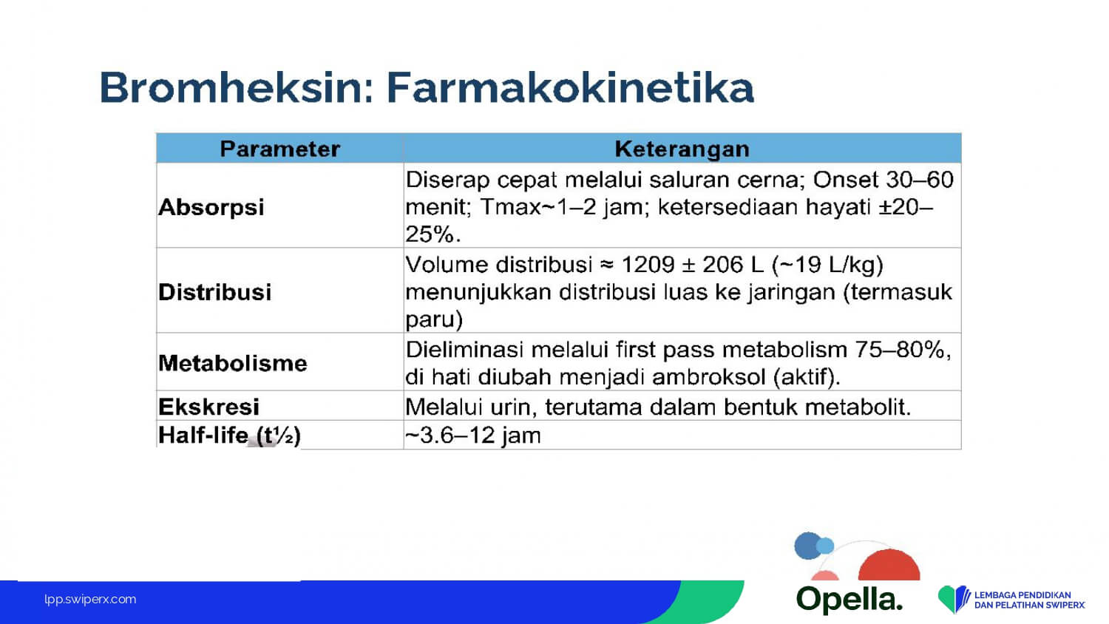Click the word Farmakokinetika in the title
(x=570, y=88)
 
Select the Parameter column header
(x=279, y=149)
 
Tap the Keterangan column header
(x=682, y=149)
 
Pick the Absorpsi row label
(x=211, y=207)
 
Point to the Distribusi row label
(x=215, y=292)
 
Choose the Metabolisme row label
(x=233, y=364)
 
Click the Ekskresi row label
(x=208, y=407)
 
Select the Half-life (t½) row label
(x=229, y=435)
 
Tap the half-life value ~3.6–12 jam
(x=473, y=435)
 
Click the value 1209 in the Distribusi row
(x=648, y=265)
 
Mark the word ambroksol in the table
(x=709, y=377)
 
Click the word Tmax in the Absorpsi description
(x=510, y=207)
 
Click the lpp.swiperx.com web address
(x=90, y=600)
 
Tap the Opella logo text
(x=849, y=600)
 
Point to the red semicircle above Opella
(x=889, y=565)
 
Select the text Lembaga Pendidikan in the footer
(x=1022, y=594)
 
